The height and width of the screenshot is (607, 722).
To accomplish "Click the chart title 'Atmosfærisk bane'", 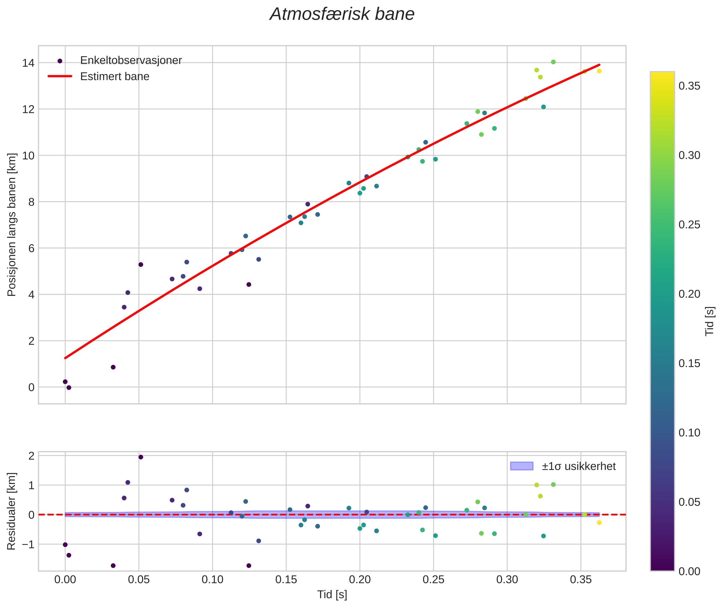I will coord(342,14).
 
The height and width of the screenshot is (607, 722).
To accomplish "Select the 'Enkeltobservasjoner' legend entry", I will coord(131,61).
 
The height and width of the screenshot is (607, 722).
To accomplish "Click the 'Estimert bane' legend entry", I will coord(115,76).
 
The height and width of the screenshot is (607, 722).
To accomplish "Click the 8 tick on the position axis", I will coord(31,202).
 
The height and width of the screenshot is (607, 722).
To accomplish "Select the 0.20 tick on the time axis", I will coord(360,580).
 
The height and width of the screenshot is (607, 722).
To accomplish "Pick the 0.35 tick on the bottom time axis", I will coord(581,580).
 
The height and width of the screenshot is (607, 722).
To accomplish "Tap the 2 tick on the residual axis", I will coord(31,456).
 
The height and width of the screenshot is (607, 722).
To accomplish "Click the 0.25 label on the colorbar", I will coord(689,225).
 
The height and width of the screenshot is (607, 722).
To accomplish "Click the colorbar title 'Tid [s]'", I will coord(709,321).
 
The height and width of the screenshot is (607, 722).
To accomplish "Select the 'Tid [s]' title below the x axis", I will coord(332,595).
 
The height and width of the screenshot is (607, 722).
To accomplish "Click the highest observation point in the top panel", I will coord(553,62).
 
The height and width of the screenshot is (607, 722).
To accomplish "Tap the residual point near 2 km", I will coord(141,457).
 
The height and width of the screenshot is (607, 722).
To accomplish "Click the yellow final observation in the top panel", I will coord(599,71).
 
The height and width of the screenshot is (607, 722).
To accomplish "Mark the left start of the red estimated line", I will coord(65,358).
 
